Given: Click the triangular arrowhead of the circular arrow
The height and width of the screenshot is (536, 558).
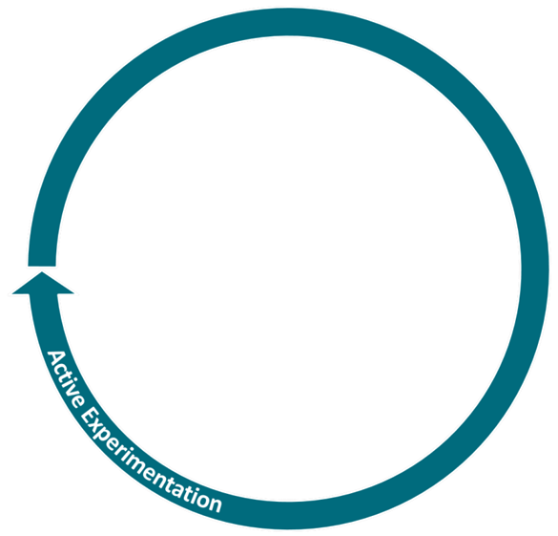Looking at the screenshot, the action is click(x=43, y=284).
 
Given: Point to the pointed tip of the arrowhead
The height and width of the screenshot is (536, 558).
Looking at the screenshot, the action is click(x=42, y=272).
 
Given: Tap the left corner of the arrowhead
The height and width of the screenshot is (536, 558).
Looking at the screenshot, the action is click(x=12, y=293).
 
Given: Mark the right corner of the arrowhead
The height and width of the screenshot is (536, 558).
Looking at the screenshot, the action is click(x=73, y=293).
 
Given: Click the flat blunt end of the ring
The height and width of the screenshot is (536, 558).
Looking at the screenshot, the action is click(x=42, y=266).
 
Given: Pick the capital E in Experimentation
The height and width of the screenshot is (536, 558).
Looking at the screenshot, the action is click(x=90, y=416).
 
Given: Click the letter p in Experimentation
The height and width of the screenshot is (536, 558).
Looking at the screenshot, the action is click(x=109, y=441).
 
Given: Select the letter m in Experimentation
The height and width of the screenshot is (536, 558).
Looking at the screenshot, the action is click(x=145, y=469).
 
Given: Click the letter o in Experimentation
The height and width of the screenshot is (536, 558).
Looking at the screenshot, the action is click(x=200, y=499).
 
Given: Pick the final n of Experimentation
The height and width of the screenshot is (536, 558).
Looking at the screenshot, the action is click(x=215, y=504).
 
